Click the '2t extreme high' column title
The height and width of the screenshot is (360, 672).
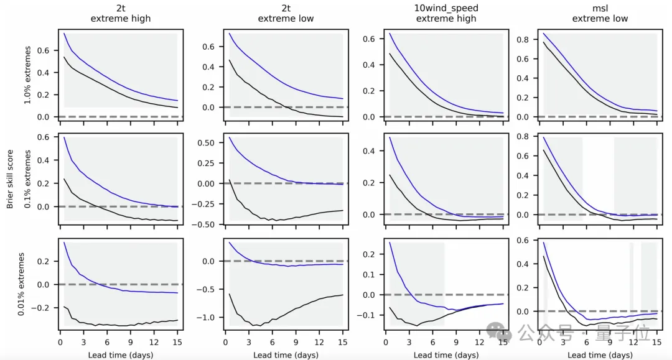(121, 13)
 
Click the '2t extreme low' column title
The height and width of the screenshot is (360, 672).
(286, 13)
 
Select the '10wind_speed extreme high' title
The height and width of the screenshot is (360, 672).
(446, 13)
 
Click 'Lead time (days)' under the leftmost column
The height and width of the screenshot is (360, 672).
(121, 354)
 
